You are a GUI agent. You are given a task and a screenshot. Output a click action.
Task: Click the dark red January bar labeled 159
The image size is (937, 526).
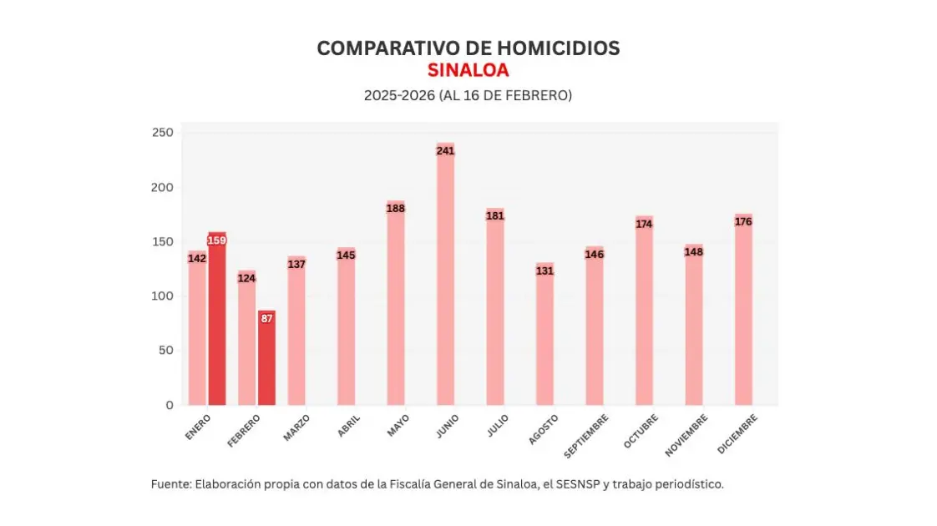click(x=217, y=321)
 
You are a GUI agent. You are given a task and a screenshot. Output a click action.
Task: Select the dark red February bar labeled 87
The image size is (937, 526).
click(x=266, y=359)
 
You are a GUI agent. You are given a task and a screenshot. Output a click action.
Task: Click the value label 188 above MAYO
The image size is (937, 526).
click(x=395, y=208)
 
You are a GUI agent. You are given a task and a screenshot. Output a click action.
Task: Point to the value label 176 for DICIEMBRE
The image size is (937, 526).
click(x=743, y=221)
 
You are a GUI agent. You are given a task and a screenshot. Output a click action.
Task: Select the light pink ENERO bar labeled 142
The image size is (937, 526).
click(x=197, y=330)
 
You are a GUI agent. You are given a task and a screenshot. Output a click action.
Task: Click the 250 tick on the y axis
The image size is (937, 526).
click(x=163, y=133)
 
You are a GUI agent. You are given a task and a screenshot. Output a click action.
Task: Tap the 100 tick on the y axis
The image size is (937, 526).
click(x=163, y=296)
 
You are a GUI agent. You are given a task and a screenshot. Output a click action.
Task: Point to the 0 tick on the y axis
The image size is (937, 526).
click(x=170, y=405)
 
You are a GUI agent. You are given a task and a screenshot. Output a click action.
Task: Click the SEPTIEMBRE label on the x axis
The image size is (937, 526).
click(x=586, y=435)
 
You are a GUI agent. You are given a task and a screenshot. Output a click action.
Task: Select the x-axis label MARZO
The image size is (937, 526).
click(x=296, y=427)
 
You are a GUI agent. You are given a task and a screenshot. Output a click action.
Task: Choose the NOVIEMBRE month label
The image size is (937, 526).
click(x=686, y=435)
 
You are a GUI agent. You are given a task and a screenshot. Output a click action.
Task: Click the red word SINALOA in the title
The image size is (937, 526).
click(x=468, y=70)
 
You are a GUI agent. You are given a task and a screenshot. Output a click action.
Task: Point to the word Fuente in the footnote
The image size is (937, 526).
click(x=170, y=484)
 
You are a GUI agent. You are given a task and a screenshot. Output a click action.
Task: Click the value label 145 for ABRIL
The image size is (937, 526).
click(x=346, y=255)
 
